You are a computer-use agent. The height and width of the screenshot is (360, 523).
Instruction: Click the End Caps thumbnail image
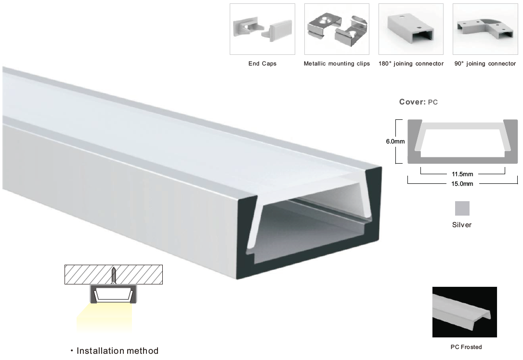262,29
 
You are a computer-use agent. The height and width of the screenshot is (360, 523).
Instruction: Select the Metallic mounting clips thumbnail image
337,29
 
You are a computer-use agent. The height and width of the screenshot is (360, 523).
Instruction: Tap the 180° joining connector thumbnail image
411,29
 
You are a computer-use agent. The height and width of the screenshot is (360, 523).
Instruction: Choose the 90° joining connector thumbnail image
485,29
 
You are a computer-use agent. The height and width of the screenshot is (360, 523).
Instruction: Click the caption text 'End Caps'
262,64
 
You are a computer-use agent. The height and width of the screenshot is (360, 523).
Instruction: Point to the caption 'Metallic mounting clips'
337,64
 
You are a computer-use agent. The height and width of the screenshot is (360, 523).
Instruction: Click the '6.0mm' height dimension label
395,141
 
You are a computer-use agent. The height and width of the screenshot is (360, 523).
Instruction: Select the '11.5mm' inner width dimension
462,174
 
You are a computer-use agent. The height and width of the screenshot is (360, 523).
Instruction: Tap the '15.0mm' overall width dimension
462,184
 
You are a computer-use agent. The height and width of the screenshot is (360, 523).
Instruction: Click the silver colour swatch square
462,208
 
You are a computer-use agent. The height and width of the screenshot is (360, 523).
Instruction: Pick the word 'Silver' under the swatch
462,225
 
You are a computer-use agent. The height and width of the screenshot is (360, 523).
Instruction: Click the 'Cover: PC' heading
418,102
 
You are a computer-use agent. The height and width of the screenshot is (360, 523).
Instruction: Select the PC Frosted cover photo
465,312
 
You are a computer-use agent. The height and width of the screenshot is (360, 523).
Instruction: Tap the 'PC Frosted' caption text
466,347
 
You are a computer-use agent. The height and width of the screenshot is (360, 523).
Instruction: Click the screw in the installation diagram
114,275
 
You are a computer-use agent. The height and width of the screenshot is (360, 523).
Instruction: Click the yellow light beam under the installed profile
104,318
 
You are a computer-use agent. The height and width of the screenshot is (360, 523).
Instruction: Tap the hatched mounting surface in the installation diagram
113,275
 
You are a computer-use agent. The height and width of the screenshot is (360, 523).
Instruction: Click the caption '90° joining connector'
485,64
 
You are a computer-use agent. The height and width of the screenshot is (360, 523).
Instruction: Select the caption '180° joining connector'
411,64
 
